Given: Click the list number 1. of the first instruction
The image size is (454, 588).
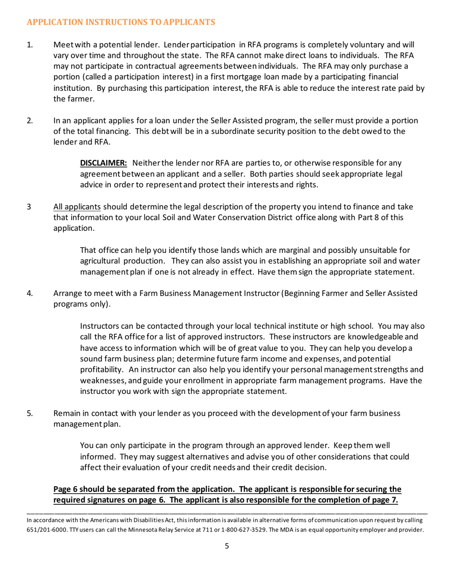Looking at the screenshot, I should (x=29, y=45).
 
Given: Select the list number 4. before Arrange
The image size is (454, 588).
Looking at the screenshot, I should (x=29, y=293).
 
